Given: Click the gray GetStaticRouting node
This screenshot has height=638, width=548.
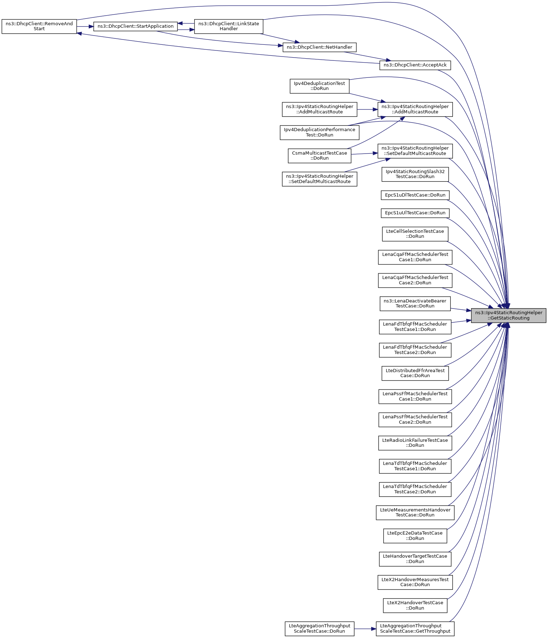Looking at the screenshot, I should [x=508, y=315].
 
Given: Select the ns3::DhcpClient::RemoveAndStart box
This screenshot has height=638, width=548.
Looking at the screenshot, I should [x=39, y=26].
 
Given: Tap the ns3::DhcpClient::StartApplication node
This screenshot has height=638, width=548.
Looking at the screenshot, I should [x=135, y=26].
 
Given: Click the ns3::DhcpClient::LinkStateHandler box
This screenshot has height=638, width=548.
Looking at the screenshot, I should [x=229, y=26].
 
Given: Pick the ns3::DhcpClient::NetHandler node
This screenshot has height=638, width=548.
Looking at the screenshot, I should [x=319, y=47].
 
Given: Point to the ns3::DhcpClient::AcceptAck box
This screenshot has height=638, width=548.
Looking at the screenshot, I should [x=415, y=65].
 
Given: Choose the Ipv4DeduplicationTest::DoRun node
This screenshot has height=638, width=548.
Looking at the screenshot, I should [x=319, y=86].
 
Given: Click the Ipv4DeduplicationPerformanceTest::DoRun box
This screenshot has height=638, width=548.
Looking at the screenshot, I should [x=319, y=132].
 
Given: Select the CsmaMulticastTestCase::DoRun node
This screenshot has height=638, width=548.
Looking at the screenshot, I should [x=319, y=156].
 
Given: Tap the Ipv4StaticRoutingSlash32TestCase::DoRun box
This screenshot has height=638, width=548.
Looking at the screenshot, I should [x=415, y=174].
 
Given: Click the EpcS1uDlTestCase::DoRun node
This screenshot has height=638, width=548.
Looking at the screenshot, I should [x=415, y=195].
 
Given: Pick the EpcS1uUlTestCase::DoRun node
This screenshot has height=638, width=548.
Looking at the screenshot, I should [x=415, y=213].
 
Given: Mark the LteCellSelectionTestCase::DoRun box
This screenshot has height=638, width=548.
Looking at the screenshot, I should [x=415, y=234].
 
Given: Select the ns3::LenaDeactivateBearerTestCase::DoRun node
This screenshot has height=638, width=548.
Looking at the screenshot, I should [x=415, y=303].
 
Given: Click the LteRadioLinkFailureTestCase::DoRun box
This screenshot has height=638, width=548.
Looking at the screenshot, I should [x=415, y=443].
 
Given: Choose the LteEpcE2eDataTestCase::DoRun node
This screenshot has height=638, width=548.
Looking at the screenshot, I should [x=415, y=536].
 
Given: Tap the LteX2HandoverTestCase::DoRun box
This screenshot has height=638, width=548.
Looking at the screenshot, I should [x=415, y=605].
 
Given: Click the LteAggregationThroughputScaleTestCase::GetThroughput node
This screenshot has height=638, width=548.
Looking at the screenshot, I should [x=415, y=628].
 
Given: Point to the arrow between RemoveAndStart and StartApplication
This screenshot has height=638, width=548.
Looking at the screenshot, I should [x=85, y=26].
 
